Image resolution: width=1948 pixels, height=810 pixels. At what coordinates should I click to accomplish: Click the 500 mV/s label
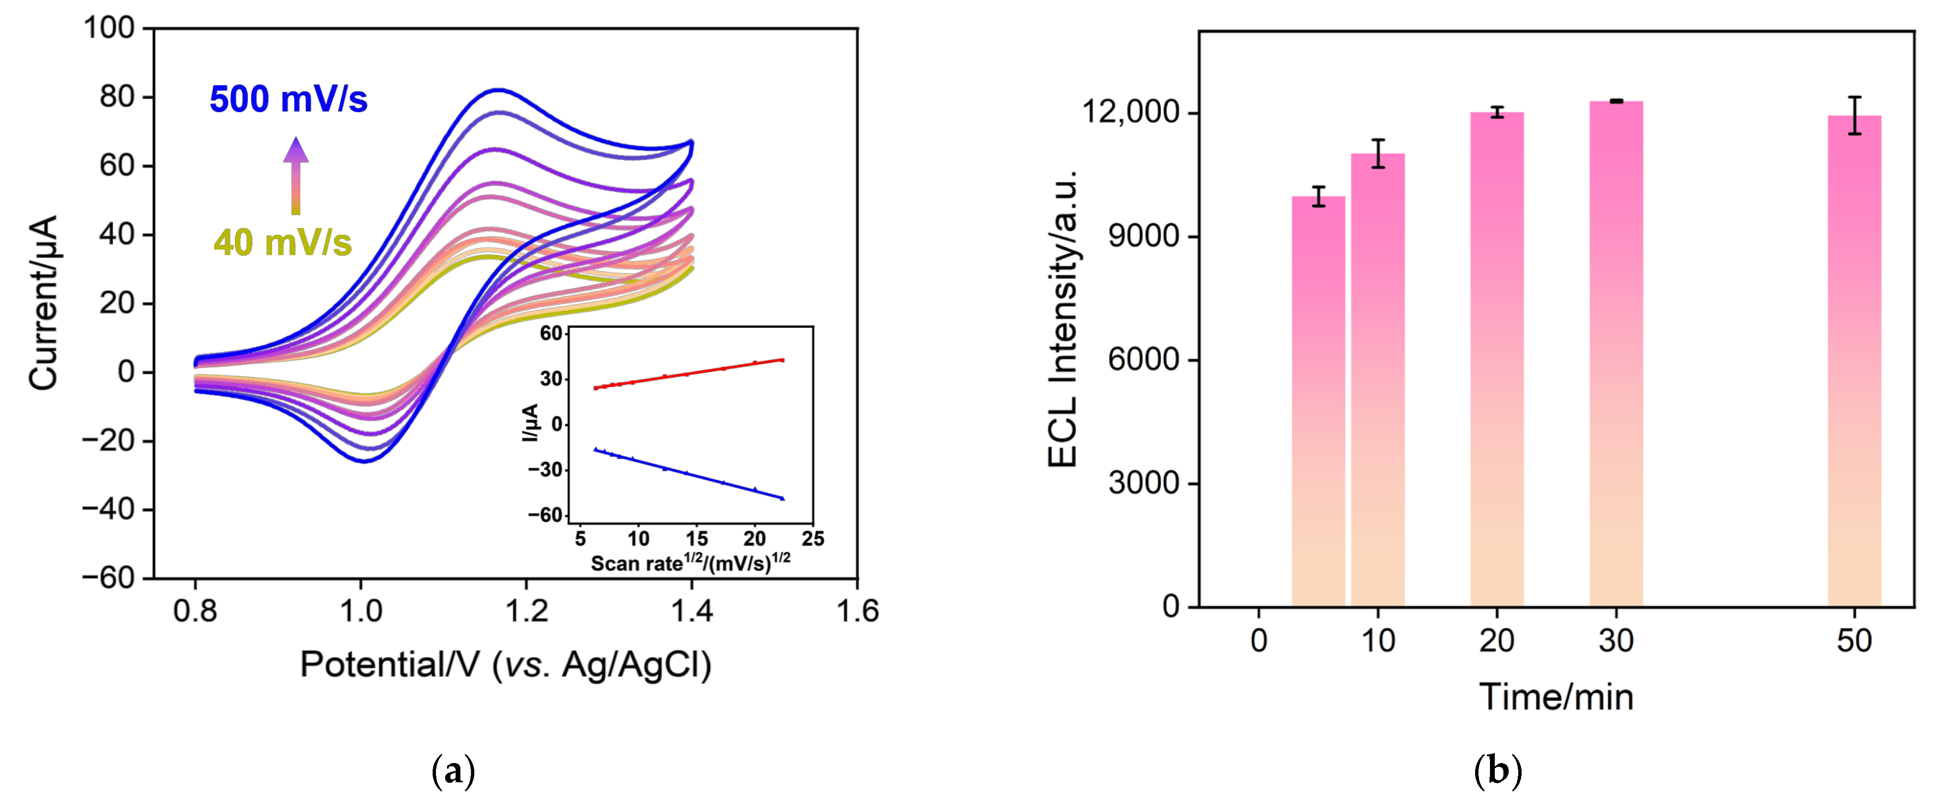pos(288,99)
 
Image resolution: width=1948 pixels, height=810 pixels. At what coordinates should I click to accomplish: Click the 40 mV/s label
pos(282,243)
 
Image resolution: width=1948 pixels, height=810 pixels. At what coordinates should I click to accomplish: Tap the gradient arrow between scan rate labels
pos(296,175)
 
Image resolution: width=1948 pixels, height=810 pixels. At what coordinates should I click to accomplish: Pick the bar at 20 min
pos(1497,359)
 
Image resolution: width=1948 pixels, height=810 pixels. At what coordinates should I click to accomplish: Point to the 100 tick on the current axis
pos(108,28)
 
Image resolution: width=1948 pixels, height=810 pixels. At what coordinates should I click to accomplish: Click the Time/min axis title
pos(1556,696)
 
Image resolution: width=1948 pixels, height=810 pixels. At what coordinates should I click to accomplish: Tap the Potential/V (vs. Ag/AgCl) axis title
pos(505,665)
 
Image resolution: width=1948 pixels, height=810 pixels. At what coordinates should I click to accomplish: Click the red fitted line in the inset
pos(688,374)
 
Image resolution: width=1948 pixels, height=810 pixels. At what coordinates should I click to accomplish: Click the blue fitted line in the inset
pos(688,473)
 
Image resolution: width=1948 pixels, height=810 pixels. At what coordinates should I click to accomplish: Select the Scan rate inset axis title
pos(690,563)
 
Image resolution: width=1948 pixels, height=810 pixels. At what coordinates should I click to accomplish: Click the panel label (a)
pos(453,771)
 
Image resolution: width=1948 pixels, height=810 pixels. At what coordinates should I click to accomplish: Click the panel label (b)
pos(1497,771)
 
